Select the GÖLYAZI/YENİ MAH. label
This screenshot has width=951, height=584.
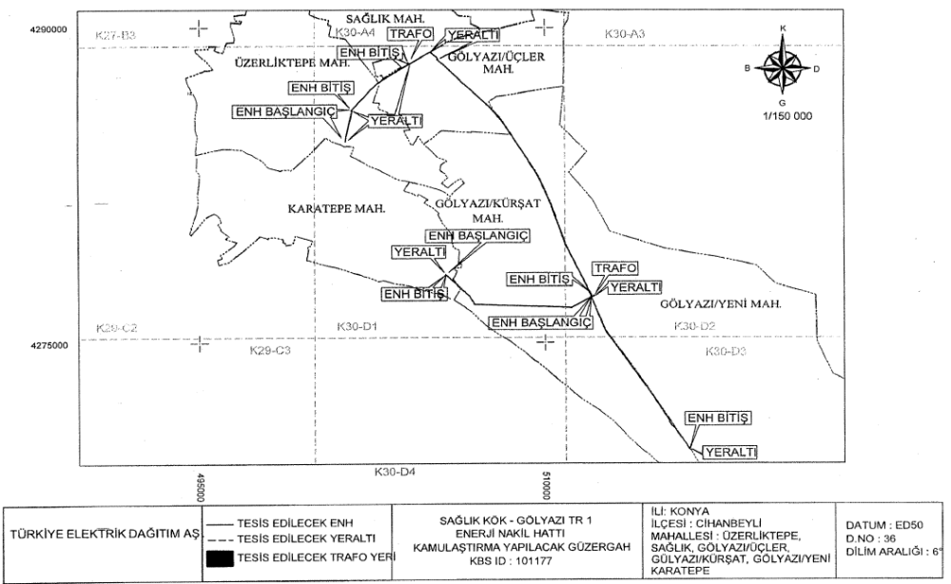[x=719, y=305]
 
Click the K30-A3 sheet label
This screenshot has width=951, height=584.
[x=625, y=34]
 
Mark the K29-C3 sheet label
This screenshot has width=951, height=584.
[x=269, y=351]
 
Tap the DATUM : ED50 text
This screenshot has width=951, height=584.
[x=880, y=526]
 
